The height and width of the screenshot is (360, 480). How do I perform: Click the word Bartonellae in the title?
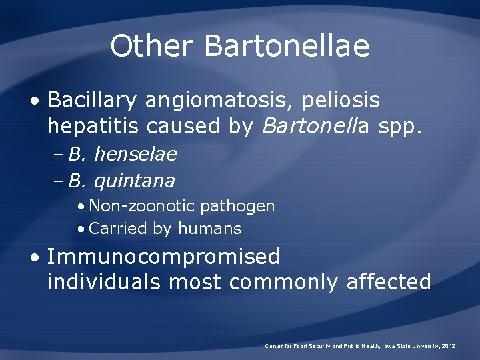287,47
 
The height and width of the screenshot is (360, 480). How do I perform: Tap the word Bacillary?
92,101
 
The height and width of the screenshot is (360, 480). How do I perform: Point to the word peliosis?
341,101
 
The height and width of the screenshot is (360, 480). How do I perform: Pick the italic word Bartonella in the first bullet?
303,126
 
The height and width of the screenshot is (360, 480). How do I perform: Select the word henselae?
136,155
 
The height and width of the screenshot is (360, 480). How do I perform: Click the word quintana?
135,181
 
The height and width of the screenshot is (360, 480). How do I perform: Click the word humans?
209,229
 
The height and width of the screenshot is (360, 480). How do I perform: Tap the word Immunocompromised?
164,257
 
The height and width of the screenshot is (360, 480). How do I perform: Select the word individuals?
104,282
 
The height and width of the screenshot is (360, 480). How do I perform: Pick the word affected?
389,282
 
